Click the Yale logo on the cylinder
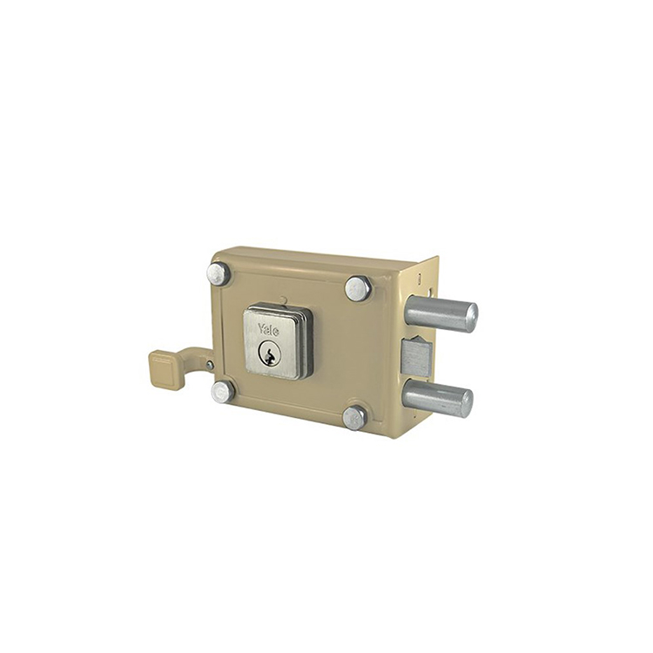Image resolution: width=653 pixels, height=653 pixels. click(x=268, y=328)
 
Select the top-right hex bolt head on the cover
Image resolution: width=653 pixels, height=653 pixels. click(x=358, y=288)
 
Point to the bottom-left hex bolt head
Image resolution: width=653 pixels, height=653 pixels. click(x=222, y=392)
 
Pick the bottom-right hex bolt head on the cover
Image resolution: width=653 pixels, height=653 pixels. click(x=354, y=418)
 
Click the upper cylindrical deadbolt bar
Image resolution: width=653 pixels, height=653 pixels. click(x=441, y=313)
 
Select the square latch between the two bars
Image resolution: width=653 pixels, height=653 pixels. click(x=415, y=357)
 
